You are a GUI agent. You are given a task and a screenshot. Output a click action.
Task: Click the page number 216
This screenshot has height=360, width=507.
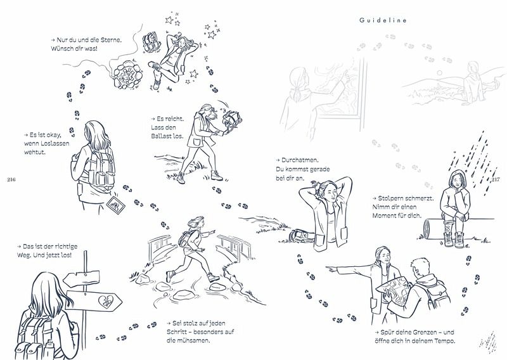tap(11, 180)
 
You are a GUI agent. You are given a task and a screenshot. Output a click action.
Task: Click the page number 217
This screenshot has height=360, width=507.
tap(496, 179)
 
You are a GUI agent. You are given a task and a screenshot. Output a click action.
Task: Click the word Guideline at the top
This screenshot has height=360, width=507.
tap(383, 20)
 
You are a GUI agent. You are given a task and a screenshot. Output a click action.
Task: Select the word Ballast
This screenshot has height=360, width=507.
tap(162, 136)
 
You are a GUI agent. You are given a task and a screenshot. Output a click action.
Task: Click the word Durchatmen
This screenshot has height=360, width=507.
tap(300, 160)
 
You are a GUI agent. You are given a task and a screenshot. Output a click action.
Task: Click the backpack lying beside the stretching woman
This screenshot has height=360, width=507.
tap(302, 236)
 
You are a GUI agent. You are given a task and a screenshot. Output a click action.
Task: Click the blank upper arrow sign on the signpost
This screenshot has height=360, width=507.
tap(81, 278)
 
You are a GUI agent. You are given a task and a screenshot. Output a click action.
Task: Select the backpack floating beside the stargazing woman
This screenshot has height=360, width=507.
tap(151, 42)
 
